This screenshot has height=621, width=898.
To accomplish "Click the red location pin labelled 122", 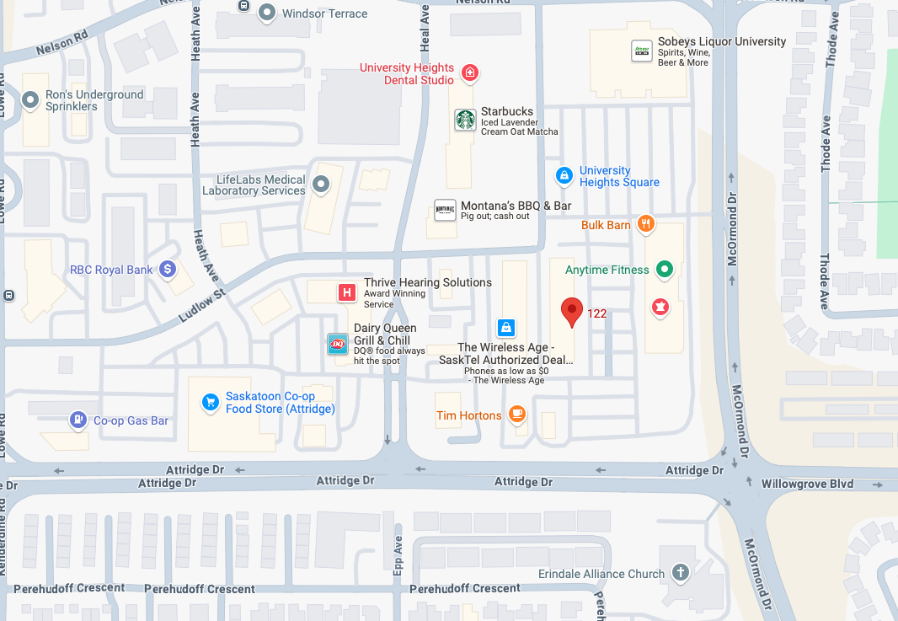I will pyautogui.click(x=572, y=311).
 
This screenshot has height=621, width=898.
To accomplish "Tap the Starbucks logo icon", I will pyautogui.click(x=465, y=120).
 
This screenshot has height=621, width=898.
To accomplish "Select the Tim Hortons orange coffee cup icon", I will pyautogui.click(x=516, y=415).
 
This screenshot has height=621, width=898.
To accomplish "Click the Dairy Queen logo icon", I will pyautogui.click(x=338, y=344).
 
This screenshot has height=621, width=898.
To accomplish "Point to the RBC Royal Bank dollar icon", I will pyautogui.click(x=168, y=270).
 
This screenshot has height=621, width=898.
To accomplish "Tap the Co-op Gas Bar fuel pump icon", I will pyautogui.click(x=78, y=420).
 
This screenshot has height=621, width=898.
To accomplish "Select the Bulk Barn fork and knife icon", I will pyautogui.click(x=645, y=224).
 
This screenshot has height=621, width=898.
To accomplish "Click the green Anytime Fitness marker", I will pyautogui.click(x=665, y=270).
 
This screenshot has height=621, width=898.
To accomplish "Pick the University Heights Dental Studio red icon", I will pyautogui.click(x=470, y=74).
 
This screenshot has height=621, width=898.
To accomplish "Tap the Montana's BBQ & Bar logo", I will pyautogui.click(x=445, y=211).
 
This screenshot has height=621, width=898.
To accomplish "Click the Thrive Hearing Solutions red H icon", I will pyautogui.click(x=345, y=292).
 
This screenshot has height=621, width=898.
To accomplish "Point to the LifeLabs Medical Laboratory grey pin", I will pyautogui.click(x=321, y=184).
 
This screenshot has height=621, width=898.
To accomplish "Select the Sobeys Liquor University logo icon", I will pyautogui.click(x=642, y=51).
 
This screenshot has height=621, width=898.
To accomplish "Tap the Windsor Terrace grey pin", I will pyautogui.click(x=268, y=13).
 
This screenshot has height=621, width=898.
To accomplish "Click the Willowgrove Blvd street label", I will pyautogui.click(x=807, y=484).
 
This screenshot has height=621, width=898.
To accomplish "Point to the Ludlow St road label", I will pyautogui.click(x=203, y=305).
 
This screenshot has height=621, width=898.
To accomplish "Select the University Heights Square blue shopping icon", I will pyautogui.click(x=564, y=176).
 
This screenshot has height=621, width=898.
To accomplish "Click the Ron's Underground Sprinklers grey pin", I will pyautogui.click(x=31, y=101).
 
